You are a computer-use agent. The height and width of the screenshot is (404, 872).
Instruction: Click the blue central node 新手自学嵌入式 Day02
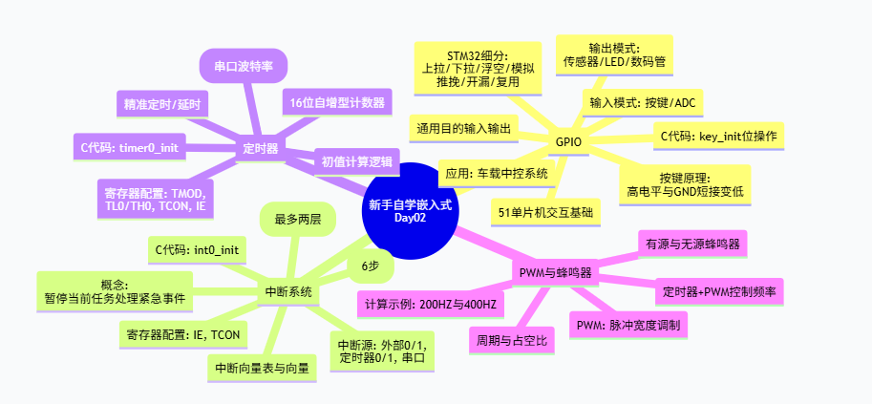[411, 211]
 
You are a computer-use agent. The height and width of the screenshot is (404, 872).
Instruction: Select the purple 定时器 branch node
[261, 149]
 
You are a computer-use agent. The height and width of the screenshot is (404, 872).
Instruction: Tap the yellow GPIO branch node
[568, 142]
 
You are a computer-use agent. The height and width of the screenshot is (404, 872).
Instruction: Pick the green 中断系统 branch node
[288, 292]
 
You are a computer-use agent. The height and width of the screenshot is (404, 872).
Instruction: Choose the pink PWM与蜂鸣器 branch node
[555, 273]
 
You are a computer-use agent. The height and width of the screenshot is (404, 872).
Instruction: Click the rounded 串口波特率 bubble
[243, 66]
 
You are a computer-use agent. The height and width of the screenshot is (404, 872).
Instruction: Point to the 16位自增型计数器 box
[337, 103]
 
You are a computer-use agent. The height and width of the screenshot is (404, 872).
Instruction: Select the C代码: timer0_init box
[130, 147]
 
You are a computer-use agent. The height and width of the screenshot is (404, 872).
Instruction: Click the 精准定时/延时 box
[162, 104]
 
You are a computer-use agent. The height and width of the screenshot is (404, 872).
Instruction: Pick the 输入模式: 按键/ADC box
[643, 103]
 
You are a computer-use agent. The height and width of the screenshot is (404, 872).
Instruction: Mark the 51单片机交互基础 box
[545, 212]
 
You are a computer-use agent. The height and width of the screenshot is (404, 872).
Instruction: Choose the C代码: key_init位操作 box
[718, 136]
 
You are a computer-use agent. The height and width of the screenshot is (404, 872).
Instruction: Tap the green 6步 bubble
[371, 266]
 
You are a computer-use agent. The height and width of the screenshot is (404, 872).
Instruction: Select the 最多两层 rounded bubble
[298, 220]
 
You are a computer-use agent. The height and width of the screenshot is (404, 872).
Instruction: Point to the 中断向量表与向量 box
[262, 368]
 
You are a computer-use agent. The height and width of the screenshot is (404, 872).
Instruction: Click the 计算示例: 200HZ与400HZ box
[431, 304]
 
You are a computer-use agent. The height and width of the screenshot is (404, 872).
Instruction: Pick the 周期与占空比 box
[512, 341]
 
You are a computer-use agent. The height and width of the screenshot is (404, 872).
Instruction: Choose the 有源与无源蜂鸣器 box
[692, 244]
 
